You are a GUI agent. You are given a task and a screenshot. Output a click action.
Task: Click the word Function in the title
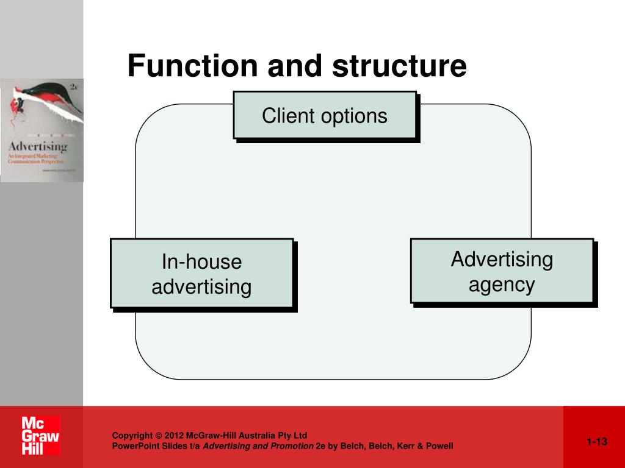pyautogui.click(x=192, y=66)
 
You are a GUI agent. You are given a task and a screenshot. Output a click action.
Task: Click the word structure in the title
pyautogui.click(x=399, y=66)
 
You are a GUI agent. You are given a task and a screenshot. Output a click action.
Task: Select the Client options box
pyautogui.click(x=325, y=116)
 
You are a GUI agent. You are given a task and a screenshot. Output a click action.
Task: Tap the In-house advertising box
pyautogui.click(x=202, y=274)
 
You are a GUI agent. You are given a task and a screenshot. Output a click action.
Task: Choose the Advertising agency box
pyautogui.click(x=502, y=272)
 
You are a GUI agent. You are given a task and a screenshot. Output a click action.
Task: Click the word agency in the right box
pyautogui.click(x=502, y=285)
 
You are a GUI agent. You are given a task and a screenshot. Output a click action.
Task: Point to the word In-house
pyautogui.click(x=202, y=262)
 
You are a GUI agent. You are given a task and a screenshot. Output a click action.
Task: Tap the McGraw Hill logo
pyautogui.click(x=41, y=436)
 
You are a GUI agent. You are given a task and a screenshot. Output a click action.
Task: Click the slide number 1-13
pyautogui.click(x=597, y=442)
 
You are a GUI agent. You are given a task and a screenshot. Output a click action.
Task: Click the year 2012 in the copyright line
pyautogui.click(x=174, y=436)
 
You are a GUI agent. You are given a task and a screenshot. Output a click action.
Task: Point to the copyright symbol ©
pyautogui.click(x=159, y=436)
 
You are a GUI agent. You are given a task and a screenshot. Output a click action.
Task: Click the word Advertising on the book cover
pyautogui.click(x=37, y=147)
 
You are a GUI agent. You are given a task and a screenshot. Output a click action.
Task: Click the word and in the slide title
pyautogui.click(x=295, y=66)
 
